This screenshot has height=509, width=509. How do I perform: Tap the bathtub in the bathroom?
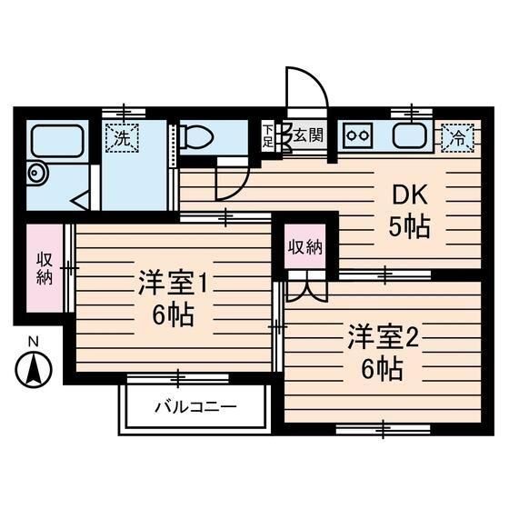pos(57,141)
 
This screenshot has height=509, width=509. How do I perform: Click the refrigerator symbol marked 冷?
pos(458,139)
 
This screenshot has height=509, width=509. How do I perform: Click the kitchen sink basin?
pos(411,138)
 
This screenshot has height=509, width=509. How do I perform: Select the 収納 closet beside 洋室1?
pos(45,267)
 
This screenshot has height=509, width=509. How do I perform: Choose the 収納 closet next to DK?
pos(305,246)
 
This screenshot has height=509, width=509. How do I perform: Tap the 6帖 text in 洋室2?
pos(382,371)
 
